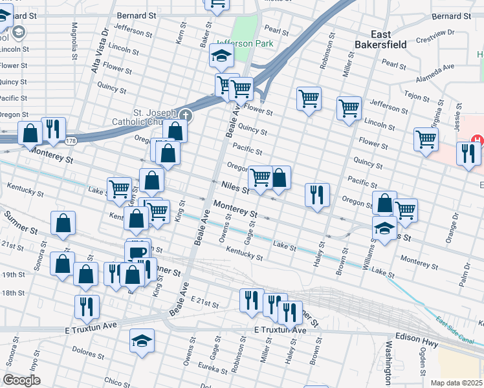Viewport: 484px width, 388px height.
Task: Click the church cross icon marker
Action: [x=186, y=114]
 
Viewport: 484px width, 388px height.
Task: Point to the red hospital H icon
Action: [x=477, y=140]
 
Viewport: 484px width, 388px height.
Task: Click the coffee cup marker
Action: [x=137, y=252]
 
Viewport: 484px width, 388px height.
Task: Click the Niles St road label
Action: [x=235, y=188]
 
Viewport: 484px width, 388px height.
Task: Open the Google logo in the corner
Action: [x=21, y=380]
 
